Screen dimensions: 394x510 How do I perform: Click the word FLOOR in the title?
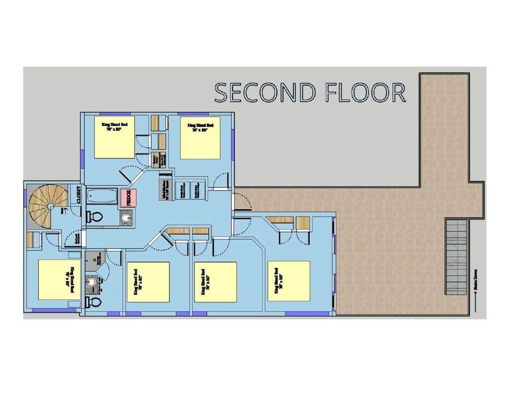coord(365,92)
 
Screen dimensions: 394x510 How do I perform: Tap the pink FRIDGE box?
coord(129,197)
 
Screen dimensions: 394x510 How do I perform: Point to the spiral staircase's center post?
coord(50,206)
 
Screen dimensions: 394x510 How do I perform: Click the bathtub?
coord(101,196)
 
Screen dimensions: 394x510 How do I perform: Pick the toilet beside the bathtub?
coord(95,217)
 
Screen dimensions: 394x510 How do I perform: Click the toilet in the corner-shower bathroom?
coord(94,302)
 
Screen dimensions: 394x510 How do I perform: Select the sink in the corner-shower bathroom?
coord(92,282)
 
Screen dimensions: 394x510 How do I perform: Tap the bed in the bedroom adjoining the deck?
coord(289,281)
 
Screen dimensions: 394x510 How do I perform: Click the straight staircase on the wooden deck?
coord(455,256)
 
